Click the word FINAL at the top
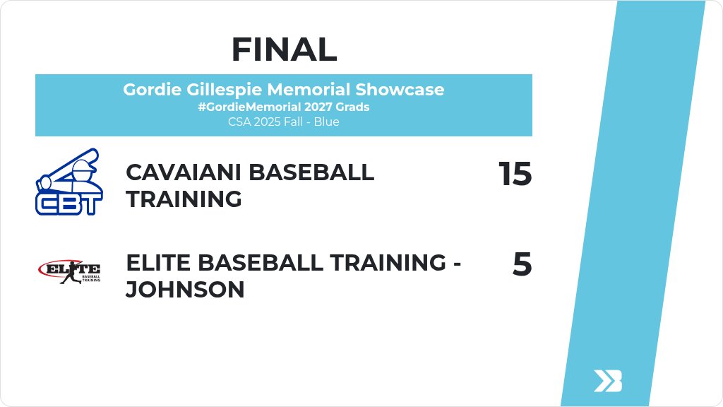pos(284,49)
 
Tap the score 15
pos(515,174)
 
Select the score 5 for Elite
pos(522,265)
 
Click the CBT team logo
pos(69,182)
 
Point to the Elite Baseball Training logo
pos(69,271)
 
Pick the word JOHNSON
pos(185,290)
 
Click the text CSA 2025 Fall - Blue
pos(283,122)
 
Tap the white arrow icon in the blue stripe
pos(607,380)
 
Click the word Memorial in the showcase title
pos(305,90)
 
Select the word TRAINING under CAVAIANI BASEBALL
pos(184,199)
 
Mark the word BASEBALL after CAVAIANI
pos(311,172)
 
